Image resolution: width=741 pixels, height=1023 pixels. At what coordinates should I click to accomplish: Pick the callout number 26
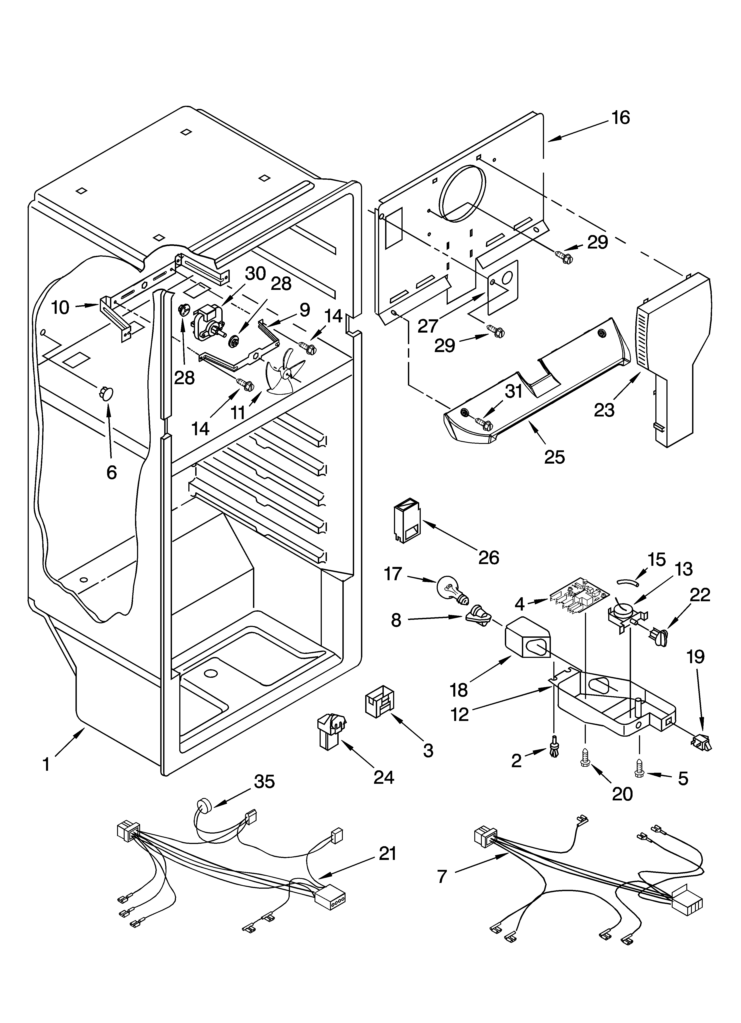pyautogui.click(x=489, y=557)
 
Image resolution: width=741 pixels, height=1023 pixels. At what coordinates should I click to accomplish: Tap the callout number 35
pyautogui.click(x=264, y=781)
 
